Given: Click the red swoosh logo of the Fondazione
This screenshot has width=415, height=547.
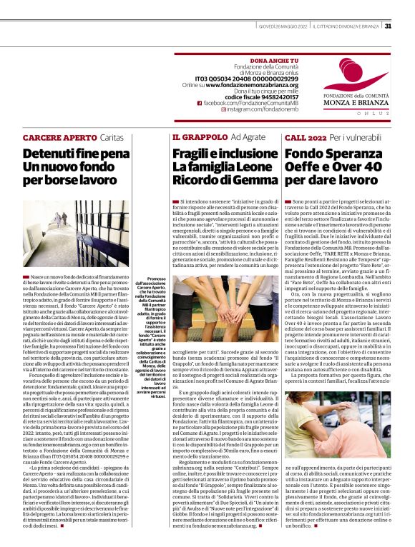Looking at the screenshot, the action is click(365, 74).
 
